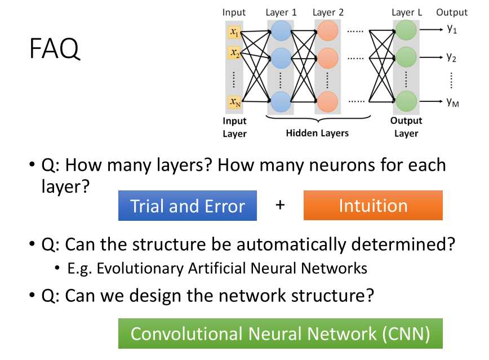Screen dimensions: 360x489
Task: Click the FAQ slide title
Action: click(55, 50)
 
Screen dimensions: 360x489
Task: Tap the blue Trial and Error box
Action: click(188, 206)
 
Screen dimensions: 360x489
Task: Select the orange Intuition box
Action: click(373, 206)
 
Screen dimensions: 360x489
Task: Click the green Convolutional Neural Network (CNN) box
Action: click(280, 334)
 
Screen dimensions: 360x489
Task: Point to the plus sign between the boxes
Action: click(280, 205)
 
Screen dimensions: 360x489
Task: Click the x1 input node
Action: click(234, 33)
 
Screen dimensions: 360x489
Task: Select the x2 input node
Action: click(234, 53)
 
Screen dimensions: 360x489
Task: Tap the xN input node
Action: click(234, 102)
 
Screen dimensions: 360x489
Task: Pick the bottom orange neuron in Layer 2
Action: click(327, 101)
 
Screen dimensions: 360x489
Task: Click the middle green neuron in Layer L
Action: click(406, 57)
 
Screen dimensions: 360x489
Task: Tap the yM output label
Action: click(452, 102)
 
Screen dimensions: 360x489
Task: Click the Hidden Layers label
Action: click(317, 133)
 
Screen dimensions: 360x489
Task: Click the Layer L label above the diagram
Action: click(406, 12)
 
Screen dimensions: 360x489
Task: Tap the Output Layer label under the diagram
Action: click(406, 127)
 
